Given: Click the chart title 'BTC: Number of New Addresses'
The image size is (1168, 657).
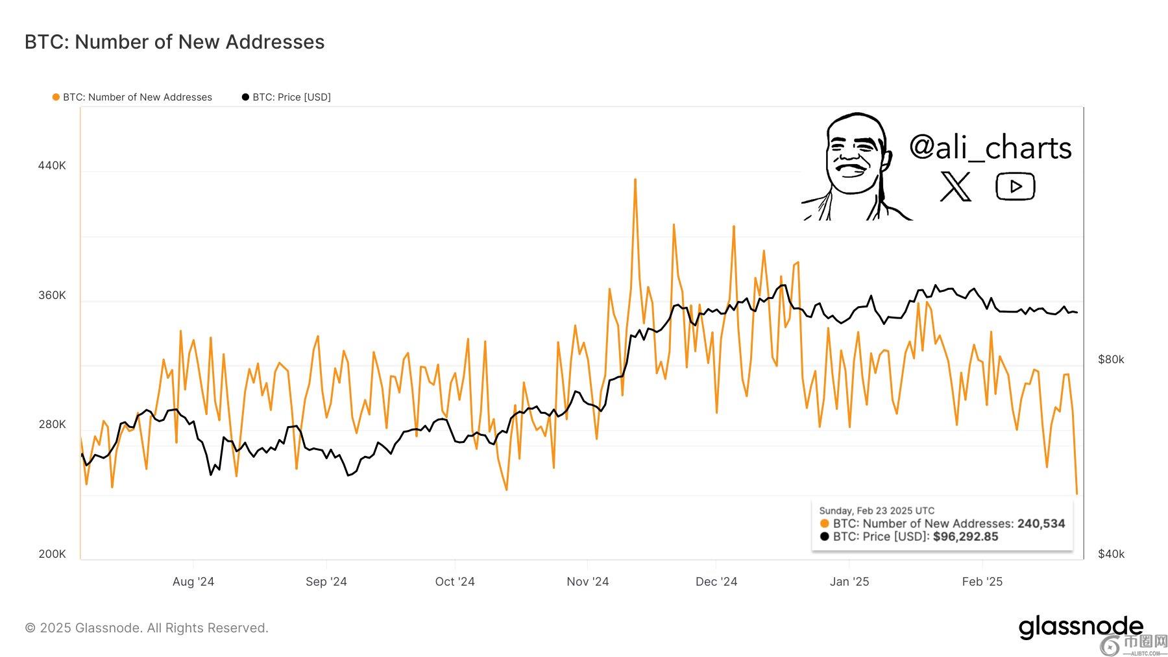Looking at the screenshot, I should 175,42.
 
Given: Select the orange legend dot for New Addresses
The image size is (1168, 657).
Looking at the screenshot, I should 56,97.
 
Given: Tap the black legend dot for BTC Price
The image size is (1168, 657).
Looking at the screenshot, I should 245,97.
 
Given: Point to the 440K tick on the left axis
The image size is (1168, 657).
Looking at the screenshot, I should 52,165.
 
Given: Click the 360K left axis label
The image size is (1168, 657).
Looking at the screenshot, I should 52,295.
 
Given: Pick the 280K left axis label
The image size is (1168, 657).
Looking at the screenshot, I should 52,424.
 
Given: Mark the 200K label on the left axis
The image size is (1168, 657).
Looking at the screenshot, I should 52,554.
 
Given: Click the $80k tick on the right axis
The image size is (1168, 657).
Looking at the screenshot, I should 1111,359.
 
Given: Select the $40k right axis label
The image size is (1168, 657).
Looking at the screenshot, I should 1111,554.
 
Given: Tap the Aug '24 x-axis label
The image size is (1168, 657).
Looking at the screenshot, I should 193,582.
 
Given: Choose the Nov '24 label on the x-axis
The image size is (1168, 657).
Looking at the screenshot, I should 587,582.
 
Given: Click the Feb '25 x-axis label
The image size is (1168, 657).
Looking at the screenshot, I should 982,582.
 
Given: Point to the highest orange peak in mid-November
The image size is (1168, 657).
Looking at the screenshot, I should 635,180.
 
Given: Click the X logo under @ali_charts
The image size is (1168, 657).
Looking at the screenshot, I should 955,187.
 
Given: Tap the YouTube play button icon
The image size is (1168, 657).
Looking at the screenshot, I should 1015,187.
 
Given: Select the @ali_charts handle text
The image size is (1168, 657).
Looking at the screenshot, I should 990,148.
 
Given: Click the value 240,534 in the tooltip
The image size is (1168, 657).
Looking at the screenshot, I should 1041,523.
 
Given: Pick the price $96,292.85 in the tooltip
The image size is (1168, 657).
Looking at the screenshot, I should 966,537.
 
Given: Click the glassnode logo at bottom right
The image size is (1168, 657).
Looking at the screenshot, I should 1080,627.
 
